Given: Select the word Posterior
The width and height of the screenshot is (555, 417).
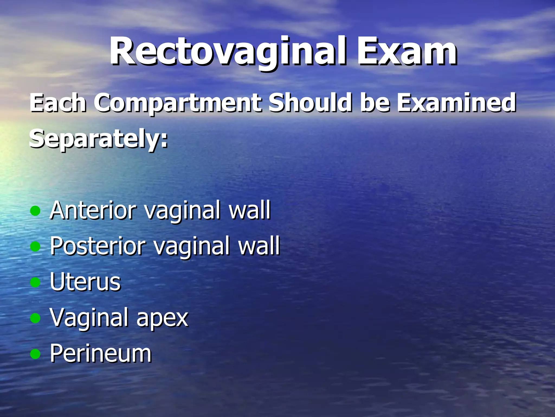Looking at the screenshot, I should (x=98, y=246).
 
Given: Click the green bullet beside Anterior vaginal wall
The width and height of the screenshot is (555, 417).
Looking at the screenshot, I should (x=35, y=211).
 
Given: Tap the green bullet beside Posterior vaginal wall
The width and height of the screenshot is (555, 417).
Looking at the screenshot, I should (x=35, y=247).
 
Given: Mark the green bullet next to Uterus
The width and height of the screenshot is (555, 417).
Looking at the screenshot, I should (x=35, y=282).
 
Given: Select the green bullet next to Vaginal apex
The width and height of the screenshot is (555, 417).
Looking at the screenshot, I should (x=35, y=318).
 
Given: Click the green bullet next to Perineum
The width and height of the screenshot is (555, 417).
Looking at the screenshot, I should (x=35, y=354).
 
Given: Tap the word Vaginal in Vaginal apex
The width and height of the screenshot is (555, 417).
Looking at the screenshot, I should (x=89, y=318).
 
